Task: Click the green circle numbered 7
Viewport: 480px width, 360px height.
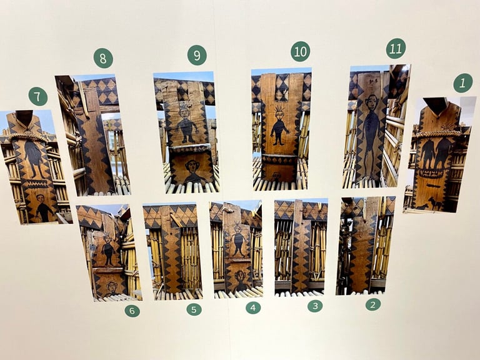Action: coord(38,96)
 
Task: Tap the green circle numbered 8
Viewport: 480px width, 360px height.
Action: coord(103,58)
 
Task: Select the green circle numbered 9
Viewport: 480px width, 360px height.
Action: coord(197,56)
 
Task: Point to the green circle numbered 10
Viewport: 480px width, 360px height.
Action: coord(300,51)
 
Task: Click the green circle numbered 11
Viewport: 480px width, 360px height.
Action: coord(396,48)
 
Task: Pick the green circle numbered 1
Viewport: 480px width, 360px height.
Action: coord(463,82)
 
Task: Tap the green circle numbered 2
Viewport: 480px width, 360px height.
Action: coord(373,304)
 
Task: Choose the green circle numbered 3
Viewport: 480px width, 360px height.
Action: coord(315,306)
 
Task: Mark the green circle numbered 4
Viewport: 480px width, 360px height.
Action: coord(253,307)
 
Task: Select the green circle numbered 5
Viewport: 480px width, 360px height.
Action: coord(194,309)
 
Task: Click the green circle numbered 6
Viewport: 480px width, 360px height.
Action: coord(132,311)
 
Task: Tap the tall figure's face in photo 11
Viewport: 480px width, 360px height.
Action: coord(372,103)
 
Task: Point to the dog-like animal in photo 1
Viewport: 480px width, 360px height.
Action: coord(435,202)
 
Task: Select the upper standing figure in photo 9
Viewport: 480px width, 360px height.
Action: coord(185,126)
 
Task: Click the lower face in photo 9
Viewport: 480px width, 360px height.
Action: coord(192,166)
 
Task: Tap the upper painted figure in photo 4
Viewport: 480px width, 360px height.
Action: coord(238,240)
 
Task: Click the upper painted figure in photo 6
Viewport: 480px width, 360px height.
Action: coord(107,249)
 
